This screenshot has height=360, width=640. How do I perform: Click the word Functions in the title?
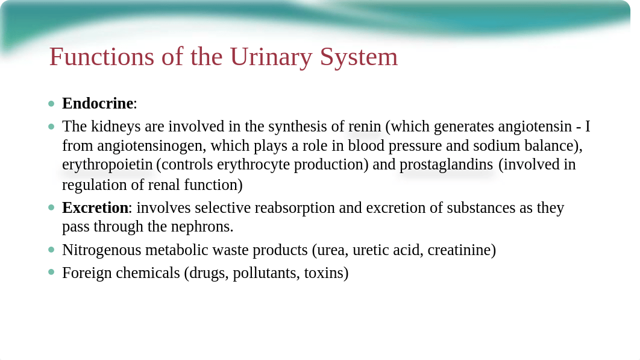102,57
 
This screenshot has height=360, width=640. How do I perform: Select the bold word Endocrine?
98,103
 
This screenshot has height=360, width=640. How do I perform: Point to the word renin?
365,127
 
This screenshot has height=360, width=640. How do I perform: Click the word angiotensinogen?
151,147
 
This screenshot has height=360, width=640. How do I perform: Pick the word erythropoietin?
107,165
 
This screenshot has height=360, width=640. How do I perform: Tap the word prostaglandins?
446,165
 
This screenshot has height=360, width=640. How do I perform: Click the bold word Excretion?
95,208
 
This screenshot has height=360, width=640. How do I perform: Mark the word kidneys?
116,127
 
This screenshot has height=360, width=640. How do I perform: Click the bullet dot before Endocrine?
51,104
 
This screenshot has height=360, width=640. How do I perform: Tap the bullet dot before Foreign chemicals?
51,272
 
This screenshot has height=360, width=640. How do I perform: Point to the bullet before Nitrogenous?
51,249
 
